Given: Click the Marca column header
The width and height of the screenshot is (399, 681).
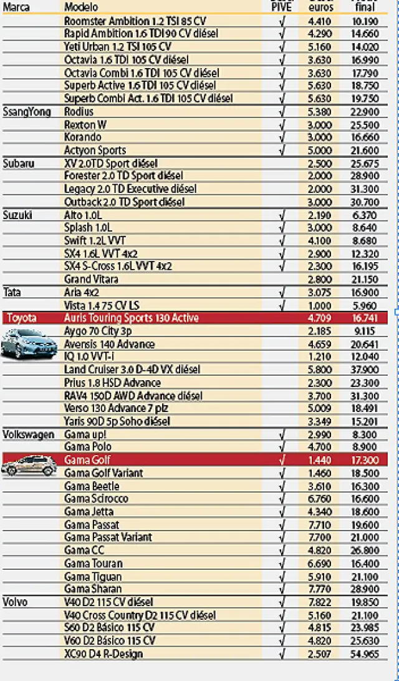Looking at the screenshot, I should pos(17,7).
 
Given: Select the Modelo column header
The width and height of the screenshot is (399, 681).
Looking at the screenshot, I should pos(81,7).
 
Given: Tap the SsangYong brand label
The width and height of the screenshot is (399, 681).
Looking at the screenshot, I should pos(27,112).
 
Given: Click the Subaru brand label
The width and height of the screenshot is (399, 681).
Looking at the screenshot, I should pos(19,164).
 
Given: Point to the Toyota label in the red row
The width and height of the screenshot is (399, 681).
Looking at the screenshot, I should pos(22,318).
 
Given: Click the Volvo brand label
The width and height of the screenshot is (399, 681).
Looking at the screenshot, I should pos(16,602).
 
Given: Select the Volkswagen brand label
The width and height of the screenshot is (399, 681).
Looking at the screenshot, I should pos(29,434).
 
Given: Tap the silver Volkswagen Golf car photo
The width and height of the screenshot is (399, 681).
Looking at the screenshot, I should pos(28,465).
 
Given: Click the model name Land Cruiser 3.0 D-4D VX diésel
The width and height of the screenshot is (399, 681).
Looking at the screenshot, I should pos(132,370).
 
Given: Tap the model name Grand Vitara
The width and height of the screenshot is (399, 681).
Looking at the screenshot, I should pos(91,280).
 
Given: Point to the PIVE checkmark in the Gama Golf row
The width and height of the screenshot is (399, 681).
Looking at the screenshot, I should pos(282,461).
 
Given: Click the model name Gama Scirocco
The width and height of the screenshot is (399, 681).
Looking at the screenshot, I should pos(96,499).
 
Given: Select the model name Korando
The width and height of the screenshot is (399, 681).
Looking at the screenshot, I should pos(82,137).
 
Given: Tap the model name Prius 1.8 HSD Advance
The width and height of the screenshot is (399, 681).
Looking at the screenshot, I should pos(112,383).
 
